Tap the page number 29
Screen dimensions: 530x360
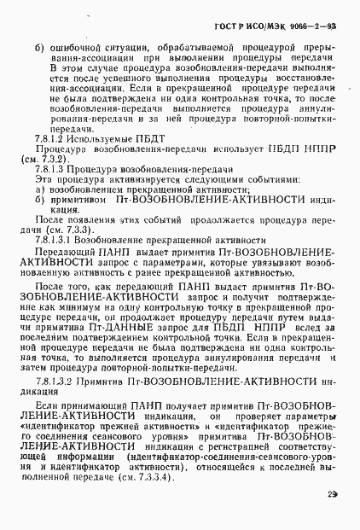(x=332, y=494)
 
